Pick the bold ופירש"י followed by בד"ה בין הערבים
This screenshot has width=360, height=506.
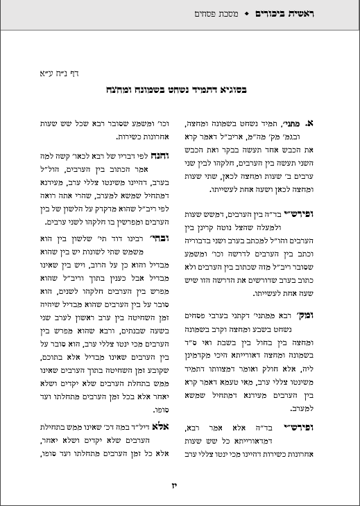tap(321, 216)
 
